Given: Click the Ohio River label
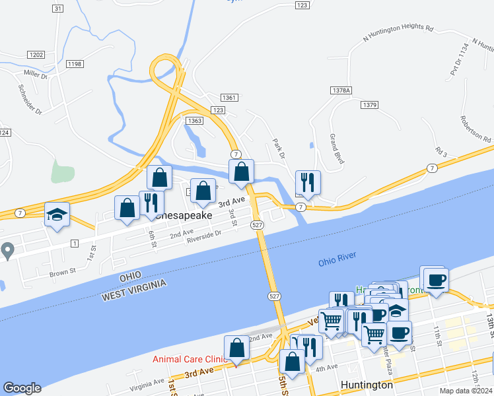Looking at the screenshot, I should tap(337, 258).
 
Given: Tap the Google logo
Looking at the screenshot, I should tap(22, 388).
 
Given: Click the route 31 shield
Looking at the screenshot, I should tap(57, 9).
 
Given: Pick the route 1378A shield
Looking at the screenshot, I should tap(341, 90).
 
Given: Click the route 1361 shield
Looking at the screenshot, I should tap(229, 98).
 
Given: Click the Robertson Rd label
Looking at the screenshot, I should tap(477, 129).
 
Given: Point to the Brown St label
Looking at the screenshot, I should tap(63, 271).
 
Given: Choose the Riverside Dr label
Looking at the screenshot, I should tap(203, 236).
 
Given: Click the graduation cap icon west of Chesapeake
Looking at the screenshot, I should tap(57, 214).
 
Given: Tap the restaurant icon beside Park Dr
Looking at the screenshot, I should tap(308, 182).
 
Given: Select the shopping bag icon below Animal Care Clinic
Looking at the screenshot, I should tap(237, 348).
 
